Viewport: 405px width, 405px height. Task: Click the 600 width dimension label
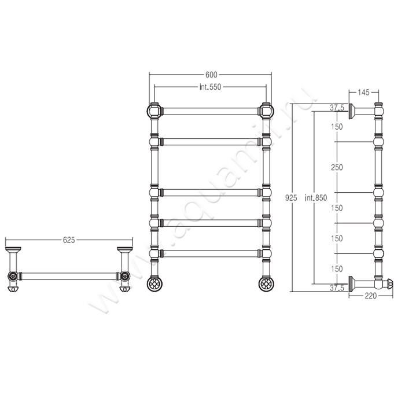tap(211, 75)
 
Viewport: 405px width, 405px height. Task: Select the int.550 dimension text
tap(210, 87)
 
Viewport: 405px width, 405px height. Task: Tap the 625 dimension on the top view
tap(69, 240)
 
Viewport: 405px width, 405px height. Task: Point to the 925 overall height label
tap(291, 198)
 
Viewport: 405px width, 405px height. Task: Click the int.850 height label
tap(316, 198)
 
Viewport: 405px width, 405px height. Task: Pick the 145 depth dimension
tap(363, 92)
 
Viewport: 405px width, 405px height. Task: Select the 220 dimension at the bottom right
tap(371, 296)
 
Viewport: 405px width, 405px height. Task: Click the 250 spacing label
tap(337, 167)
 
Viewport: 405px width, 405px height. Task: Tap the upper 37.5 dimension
tap(337, 108)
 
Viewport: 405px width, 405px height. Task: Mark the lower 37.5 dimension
tap(337, 288)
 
